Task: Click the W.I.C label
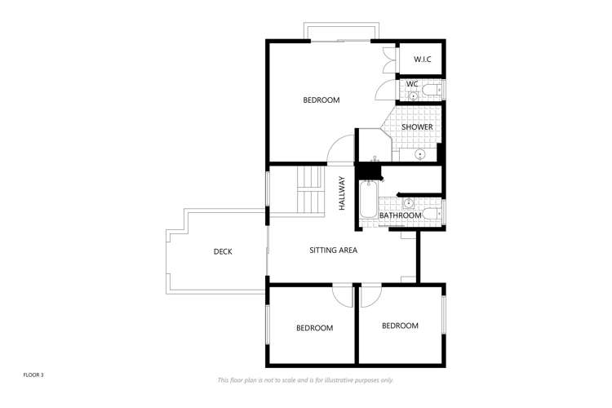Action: coord(422,60)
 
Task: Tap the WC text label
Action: coord(412,83)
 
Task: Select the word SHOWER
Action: coord(416,127)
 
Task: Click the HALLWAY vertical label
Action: coord(343,194)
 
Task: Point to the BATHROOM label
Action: coord(401,215)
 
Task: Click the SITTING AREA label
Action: coord(333,251)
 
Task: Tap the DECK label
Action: coord(223,252)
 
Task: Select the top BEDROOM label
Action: coord(321,100)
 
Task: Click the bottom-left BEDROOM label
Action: coord(314,328)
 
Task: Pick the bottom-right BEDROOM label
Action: coord(400,326)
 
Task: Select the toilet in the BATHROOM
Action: coord(432,214)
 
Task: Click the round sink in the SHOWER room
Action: coord(421,153)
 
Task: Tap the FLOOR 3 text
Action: coord(33,375)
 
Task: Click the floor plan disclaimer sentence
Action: coord(305,380)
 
